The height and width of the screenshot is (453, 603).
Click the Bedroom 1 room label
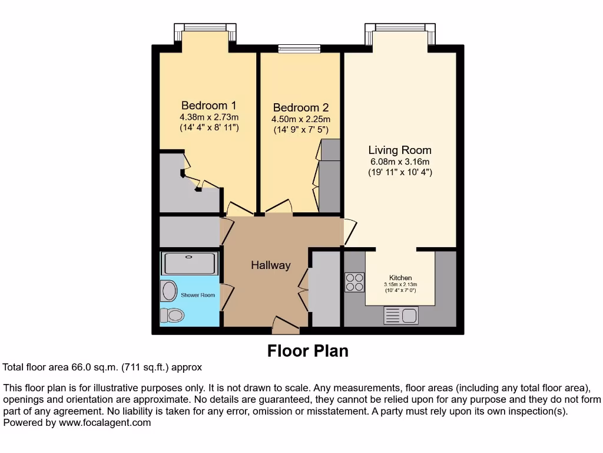208,106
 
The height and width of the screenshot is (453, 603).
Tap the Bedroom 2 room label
300,108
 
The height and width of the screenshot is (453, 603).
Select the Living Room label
400,150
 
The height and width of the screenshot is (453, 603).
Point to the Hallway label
271,265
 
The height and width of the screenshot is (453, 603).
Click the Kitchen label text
400,278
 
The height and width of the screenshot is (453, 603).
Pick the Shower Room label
198,295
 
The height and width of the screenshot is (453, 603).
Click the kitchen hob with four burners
354,282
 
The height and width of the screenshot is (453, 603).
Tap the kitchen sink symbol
401,316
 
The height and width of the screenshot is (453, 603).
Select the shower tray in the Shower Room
190,263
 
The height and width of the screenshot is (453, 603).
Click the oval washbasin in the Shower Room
169,291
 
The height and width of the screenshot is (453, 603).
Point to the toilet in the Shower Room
173,315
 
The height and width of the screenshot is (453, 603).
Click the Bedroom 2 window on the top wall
299,49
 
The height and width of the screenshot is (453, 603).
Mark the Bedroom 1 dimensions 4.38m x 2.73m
209,117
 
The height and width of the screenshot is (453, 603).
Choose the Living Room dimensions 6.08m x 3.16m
400,162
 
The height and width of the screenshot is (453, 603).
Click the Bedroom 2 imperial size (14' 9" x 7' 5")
300,130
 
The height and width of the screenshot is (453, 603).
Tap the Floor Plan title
307,351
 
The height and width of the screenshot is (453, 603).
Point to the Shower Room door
226,297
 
